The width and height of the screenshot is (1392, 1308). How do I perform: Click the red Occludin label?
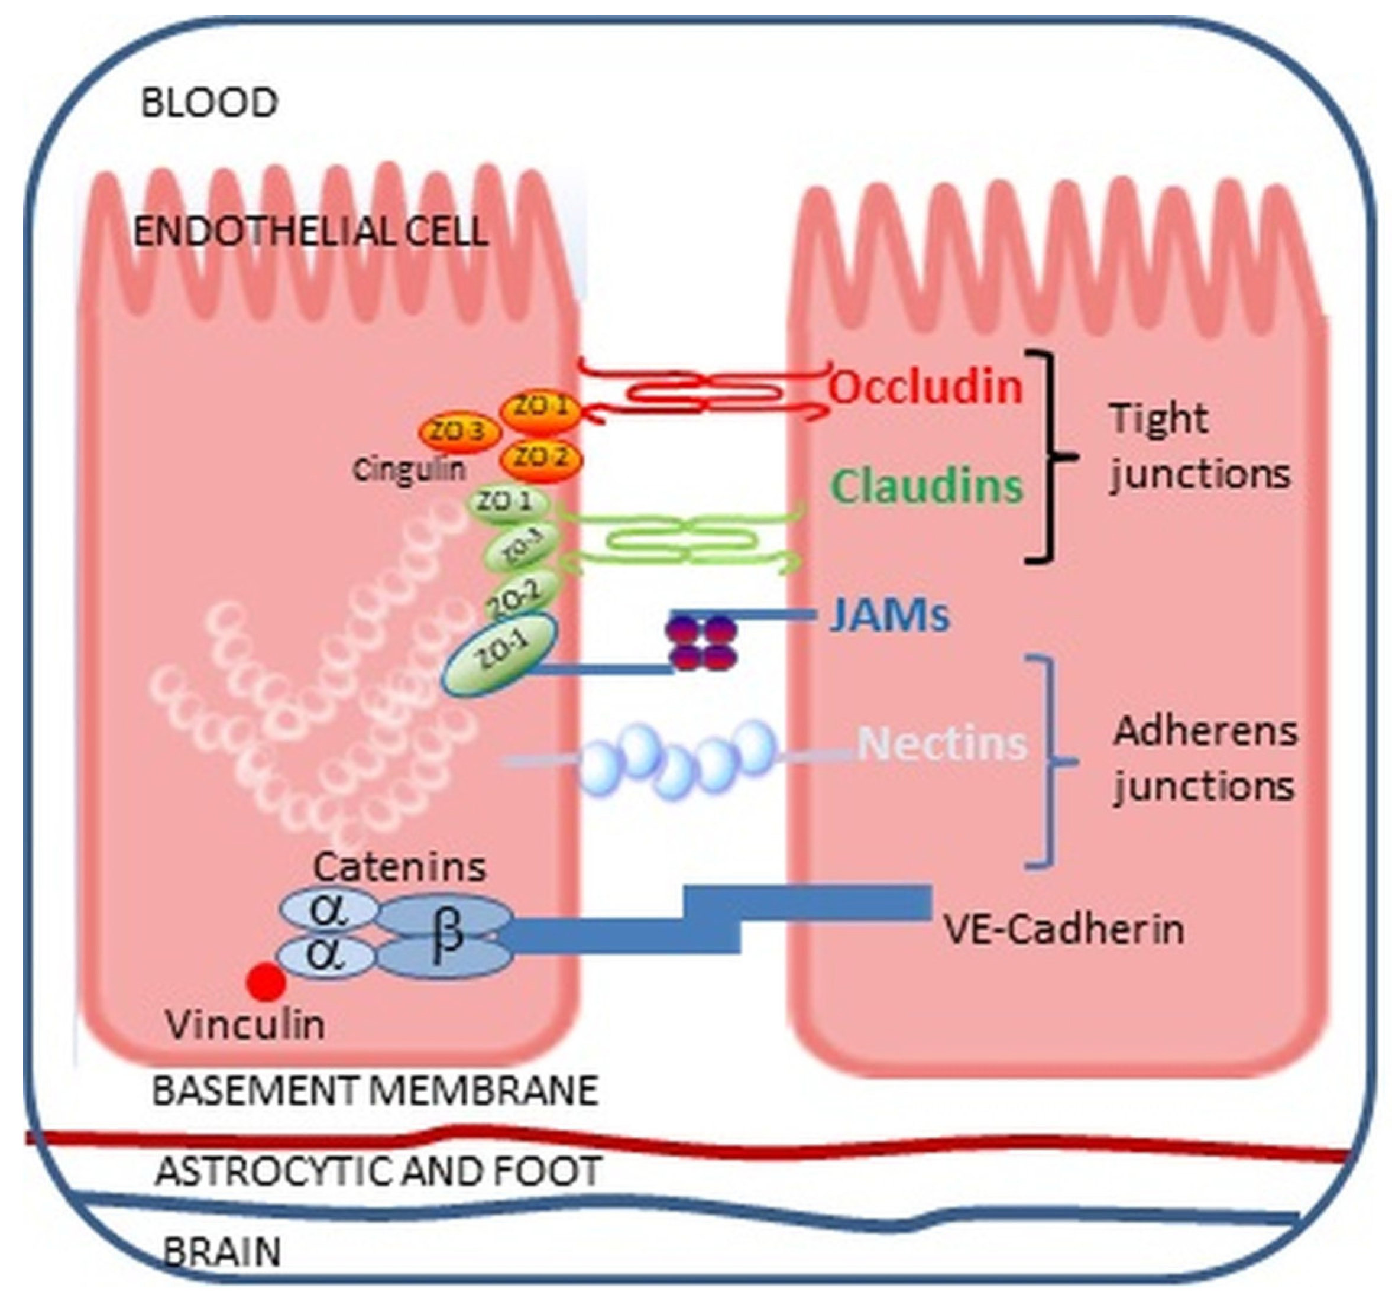pos(925,387)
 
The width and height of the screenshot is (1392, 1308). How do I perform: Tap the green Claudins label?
pos(928,486)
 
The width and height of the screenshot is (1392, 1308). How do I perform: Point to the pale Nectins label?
pos(942,744)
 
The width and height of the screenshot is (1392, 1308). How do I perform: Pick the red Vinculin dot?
pos(267,982)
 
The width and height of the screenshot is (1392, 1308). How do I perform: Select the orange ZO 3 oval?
pos(459,433)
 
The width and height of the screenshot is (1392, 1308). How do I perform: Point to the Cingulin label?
pos(409,470)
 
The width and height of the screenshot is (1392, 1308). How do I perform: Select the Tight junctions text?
pos(1199,446)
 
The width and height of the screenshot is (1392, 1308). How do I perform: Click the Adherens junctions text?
pos(1205,759)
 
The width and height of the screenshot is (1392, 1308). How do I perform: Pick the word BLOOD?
pos(209,103)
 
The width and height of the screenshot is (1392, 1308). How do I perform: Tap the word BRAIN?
pos(221,1252)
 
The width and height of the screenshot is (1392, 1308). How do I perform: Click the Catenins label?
pos(399,867)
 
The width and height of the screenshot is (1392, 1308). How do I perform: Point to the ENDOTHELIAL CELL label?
pos(310,232)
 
